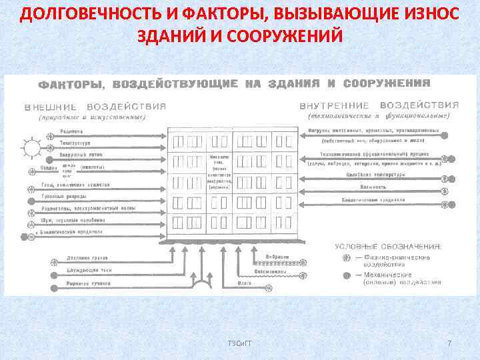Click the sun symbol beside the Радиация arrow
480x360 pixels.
(x=31, y=147)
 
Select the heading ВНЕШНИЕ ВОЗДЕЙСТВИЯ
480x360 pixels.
(x=95, y=106)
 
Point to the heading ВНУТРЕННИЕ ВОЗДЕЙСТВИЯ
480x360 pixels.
(x=379, y=105)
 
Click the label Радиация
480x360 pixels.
(x=71, y=131)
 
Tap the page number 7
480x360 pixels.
(x=449, y=343)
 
